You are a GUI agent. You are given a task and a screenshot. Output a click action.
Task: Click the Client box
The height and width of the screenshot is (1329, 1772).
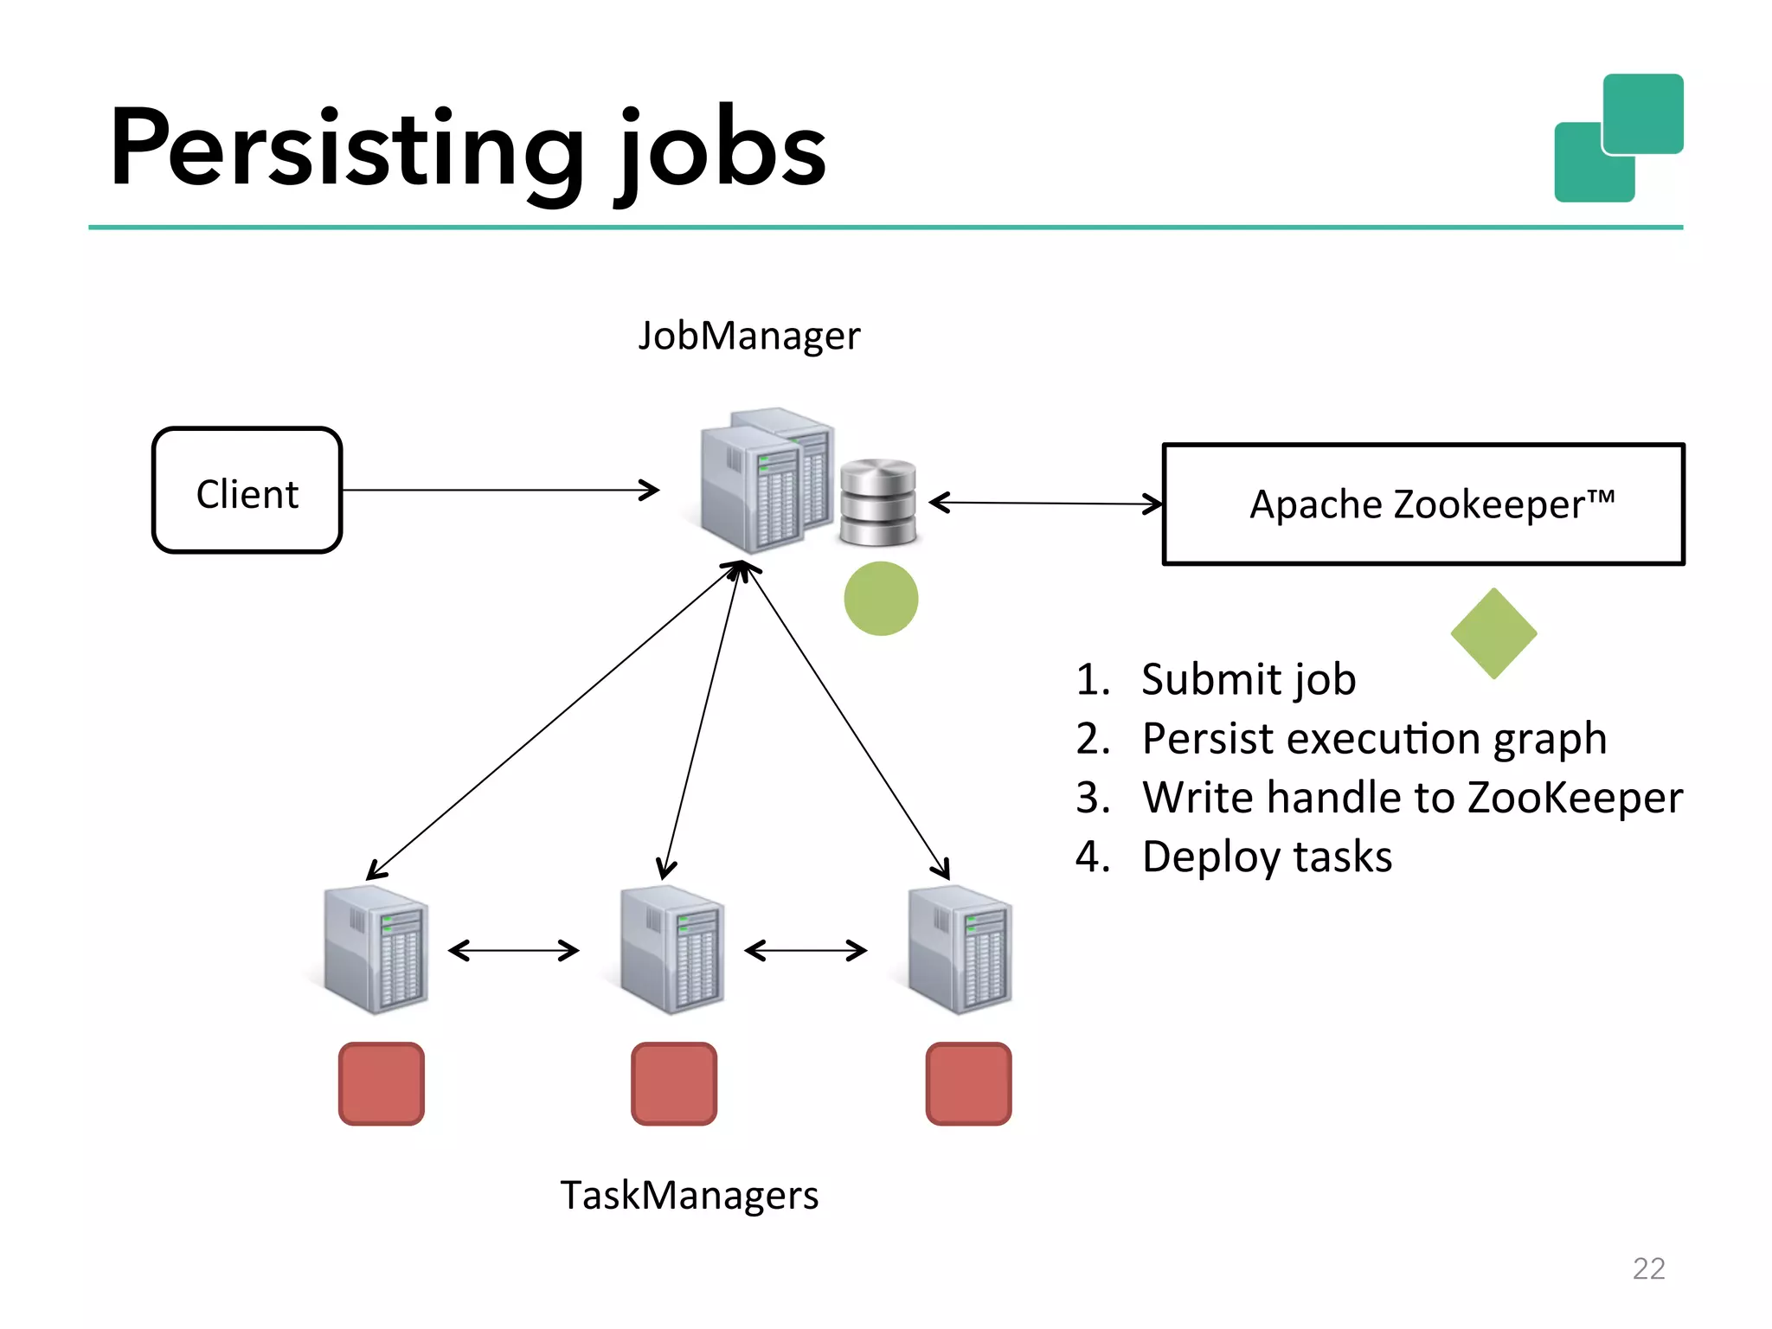(x=247, y=491)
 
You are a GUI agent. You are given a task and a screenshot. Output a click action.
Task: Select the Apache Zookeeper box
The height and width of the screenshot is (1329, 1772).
(x=1423, y=504)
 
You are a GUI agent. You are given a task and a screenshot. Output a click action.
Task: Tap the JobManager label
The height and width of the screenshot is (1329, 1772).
(x=749, y=336)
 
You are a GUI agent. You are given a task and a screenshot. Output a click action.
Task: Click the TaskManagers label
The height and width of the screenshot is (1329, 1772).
(x=689, y=1196)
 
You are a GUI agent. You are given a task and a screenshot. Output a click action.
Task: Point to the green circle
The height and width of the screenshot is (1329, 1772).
(x=881, y=599)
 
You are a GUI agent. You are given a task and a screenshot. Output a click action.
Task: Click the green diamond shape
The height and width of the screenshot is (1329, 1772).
(x=1493, y=633)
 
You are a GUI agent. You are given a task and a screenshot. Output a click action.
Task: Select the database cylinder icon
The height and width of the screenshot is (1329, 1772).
(x=877, y=503)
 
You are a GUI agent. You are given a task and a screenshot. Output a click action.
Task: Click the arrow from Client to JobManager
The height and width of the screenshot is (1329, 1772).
(x=499, y=491)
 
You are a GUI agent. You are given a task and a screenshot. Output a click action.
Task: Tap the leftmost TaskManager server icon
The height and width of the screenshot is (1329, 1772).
(x=376, y=950)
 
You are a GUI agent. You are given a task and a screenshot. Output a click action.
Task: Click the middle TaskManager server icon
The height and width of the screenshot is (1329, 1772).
(x=672, y=950)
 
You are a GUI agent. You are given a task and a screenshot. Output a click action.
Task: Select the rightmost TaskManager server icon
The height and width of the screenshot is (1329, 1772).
(x=960, y=950)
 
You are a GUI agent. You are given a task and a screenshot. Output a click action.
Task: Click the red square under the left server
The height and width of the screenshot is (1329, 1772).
(x=382, y=1083)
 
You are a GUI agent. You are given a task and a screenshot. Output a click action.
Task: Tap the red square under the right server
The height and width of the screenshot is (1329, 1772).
(x=968, y=1083)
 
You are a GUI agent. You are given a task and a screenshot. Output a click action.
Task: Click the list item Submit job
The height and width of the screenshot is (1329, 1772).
(x=1248, y=679)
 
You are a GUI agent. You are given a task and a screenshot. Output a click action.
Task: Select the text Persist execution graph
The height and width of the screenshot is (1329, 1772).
(x=1373, y=739)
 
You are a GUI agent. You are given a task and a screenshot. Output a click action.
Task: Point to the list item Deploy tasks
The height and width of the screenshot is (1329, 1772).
(x=1266, y=857)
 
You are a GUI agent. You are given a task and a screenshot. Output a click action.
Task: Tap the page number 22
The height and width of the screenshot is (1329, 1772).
(x=1648, y=1268)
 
